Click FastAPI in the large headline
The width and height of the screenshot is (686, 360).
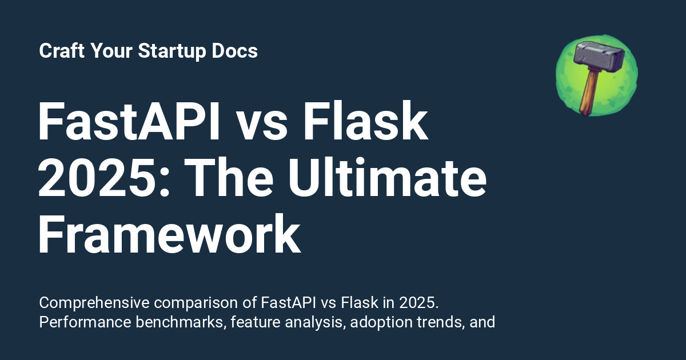[x=129, y=123]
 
